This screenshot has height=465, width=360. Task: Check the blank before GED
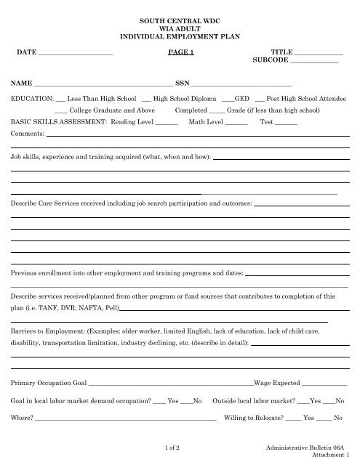228,98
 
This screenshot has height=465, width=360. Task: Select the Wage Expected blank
324,383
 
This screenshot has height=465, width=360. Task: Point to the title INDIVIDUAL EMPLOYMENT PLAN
179,36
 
